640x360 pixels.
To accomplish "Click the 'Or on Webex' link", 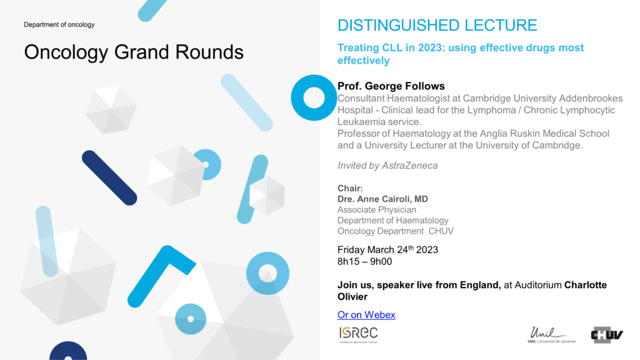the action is click(366, 315).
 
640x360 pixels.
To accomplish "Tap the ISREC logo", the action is click(358, 335).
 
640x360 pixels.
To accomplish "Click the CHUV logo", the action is click(606, 335).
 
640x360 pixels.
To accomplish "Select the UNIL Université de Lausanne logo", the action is click(551, 335).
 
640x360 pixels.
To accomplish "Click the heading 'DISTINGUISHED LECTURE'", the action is click(437, 25).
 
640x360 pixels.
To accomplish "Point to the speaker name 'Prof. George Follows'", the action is click(391, 86).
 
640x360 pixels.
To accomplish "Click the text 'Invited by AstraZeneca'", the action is click(387, 165).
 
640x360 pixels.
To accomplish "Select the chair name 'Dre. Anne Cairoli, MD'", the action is click(382, 199).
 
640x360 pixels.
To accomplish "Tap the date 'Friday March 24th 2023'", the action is click(387, 249).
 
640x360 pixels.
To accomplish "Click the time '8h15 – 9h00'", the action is click(364, 262).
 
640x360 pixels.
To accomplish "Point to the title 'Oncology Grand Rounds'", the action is click(134, 52).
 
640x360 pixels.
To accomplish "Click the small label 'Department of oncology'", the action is click(59, 24).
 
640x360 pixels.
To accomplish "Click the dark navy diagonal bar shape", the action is click(109, 178).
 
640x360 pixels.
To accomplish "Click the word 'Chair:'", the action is click(350, 188).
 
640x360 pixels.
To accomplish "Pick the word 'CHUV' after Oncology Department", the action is click(441, 231).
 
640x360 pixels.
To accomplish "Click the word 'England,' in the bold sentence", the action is click(480, 285).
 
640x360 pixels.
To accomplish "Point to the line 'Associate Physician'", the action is click(377, 210).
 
